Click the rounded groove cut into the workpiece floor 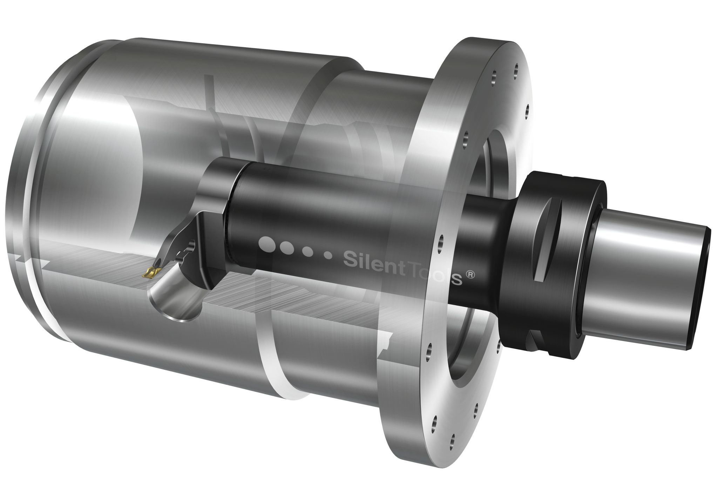pyautogui.click(x=175, y=302)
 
